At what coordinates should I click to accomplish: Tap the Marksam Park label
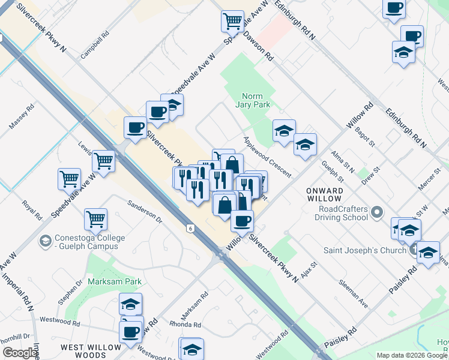[x=115, y=281]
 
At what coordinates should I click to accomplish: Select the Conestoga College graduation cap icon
[x=44, y=242]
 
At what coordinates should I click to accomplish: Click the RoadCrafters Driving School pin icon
[x=377, y=211]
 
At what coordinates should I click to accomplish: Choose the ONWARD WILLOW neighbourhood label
[x=325, y=194]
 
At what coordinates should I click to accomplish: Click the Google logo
[x=20, y=353]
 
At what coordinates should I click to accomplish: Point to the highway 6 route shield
[x=190, y=228]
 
